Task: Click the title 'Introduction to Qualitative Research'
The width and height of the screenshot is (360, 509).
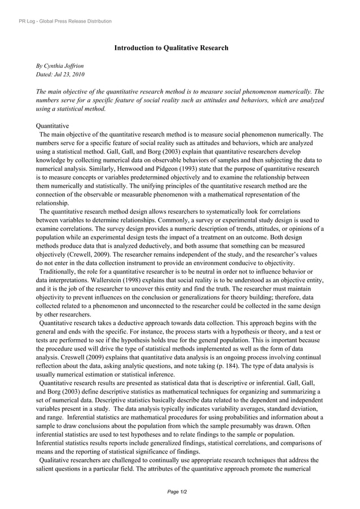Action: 171,48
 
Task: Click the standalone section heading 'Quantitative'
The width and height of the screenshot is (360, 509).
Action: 52,126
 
